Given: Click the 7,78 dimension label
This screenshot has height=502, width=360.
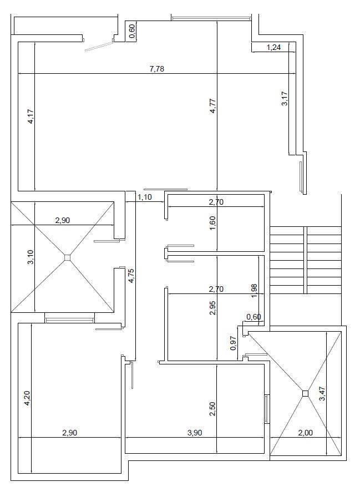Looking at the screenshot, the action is tap(157, 69).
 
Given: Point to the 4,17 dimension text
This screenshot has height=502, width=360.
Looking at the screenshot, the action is tap(31, 116).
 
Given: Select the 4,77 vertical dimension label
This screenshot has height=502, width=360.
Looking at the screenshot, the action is tap(213, 106).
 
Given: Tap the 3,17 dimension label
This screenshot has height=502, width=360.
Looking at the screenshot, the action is tap(285, 99).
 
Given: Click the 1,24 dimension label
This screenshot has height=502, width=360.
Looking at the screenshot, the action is tap(274, 47).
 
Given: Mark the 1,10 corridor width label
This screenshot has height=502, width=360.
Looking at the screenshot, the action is tap(145, 197).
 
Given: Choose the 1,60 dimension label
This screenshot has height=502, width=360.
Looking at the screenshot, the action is tap(213, 223).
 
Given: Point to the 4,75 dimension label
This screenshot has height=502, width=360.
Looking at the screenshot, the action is tap(131, 276).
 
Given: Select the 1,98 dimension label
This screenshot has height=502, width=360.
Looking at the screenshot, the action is tap(255, 291).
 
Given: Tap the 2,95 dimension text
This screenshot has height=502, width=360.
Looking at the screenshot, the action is tap(213, 308).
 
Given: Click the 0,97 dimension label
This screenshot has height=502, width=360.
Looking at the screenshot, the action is tap(234, 343).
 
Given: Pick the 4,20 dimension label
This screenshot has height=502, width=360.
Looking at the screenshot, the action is tap(27, 398).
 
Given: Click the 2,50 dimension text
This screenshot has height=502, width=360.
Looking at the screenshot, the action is tap(213, 409).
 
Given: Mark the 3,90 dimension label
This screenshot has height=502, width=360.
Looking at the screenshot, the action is tap(195, 433).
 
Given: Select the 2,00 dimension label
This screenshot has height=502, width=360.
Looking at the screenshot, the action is tap(305, 433).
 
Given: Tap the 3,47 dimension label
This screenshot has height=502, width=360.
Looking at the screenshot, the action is tap(322, 394).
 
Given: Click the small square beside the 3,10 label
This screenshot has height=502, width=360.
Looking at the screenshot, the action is tap(67, 257).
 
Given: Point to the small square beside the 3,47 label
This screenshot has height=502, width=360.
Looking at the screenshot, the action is tap(305, 393).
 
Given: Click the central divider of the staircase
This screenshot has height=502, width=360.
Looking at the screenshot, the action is tap(305, 260).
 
